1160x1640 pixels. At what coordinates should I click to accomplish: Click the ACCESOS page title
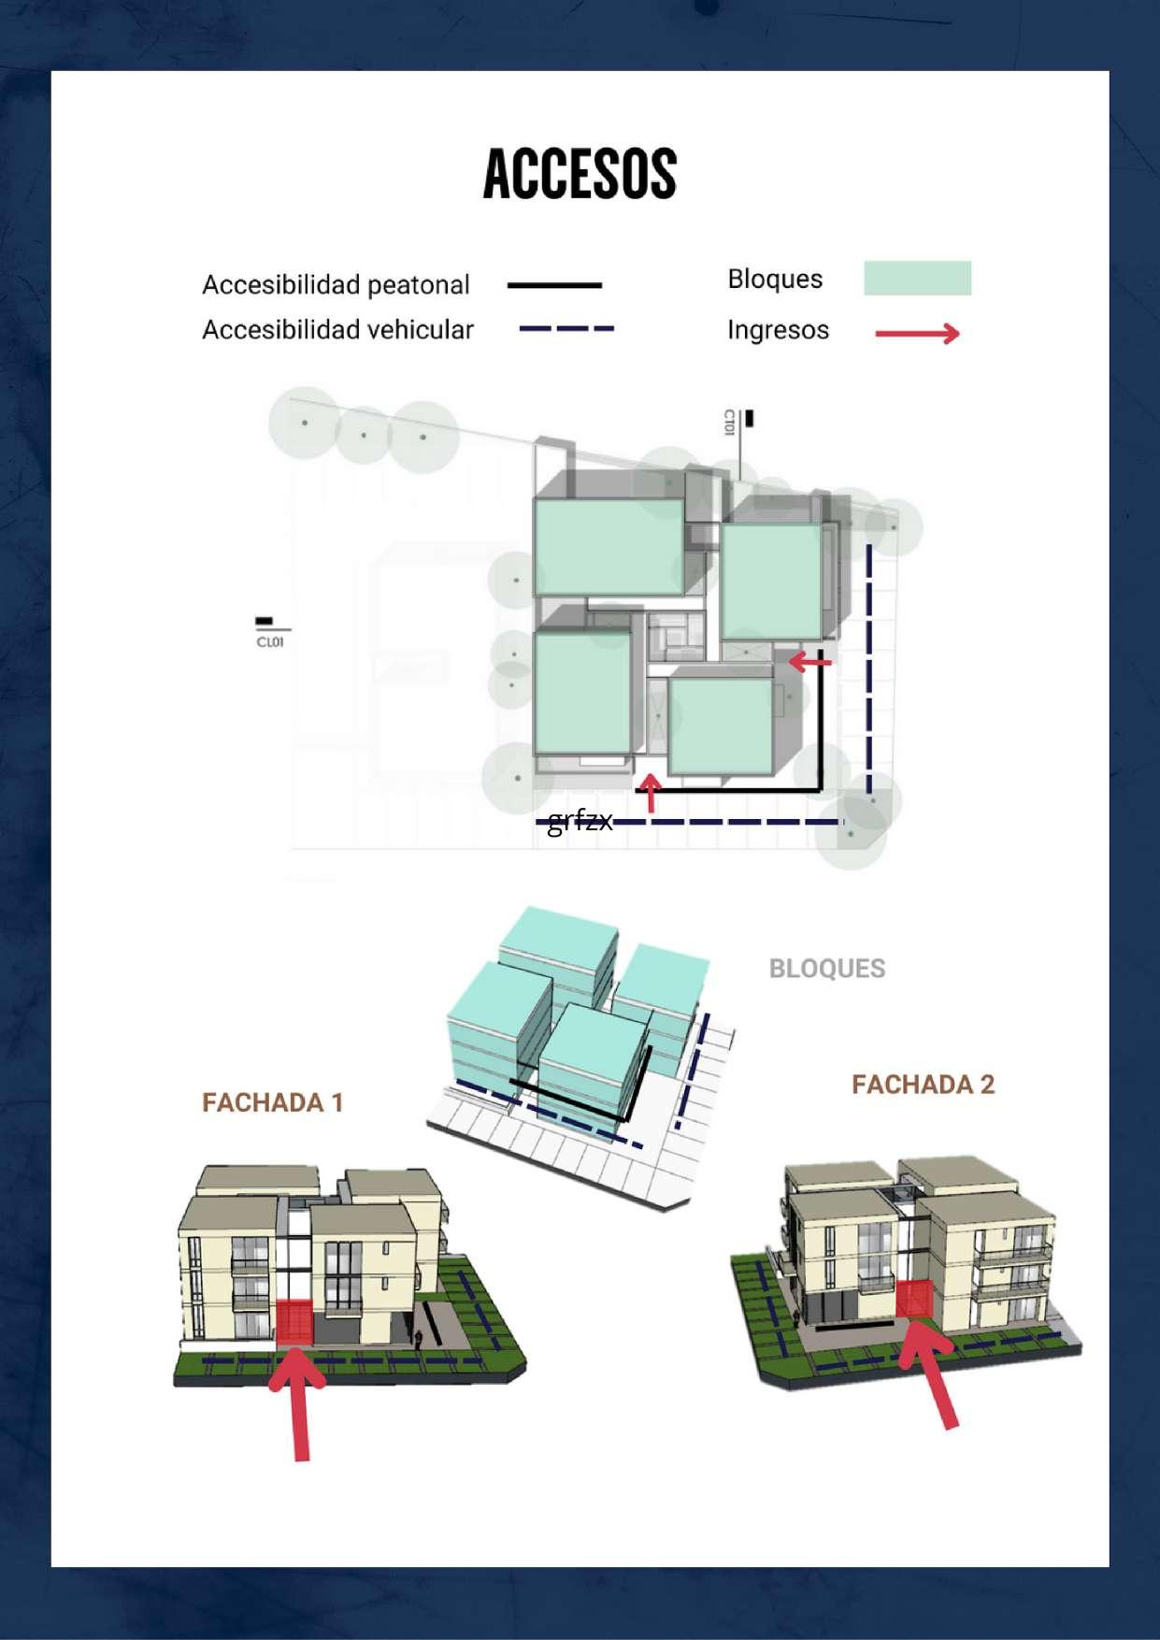[x=580, y=175]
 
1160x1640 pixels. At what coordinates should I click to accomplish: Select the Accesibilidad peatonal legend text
[x=336, y=284]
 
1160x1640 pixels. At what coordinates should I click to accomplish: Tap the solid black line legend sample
[x=554, y=285]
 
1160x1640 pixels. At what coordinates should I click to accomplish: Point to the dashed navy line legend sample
[x=566, y=329]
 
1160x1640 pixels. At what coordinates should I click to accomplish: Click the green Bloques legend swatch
[x=917, y=279]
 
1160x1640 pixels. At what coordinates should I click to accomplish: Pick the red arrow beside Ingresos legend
[x=917, y=334]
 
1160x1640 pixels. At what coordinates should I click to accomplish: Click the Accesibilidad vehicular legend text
[x=337, y=330]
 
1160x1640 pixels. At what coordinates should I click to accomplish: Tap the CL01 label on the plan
[x=270, y=642]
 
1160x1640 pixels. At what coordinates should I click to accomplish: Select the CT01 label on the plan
[x=729, y=423]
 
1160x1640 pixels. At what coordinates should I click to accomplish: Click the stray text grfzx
[x=580, y=821]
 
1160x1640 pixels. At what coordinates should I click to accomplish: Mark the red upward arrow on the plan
[x=651, y=792]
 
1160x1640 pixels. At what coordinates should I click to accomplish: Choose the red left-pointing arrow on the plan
[x=809, y=662]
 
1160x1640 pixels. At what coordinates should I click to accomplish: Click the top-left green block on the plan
[x=609, y=547]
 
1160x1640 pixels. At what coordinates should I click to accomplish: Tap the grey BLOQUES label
[x=826, y=969]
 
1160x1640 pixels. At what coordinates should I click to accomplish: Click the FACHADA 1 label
[x=273, y=1103]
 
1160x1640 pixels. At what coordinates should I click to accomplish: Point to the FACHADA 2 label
[x=923, y=1085]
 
